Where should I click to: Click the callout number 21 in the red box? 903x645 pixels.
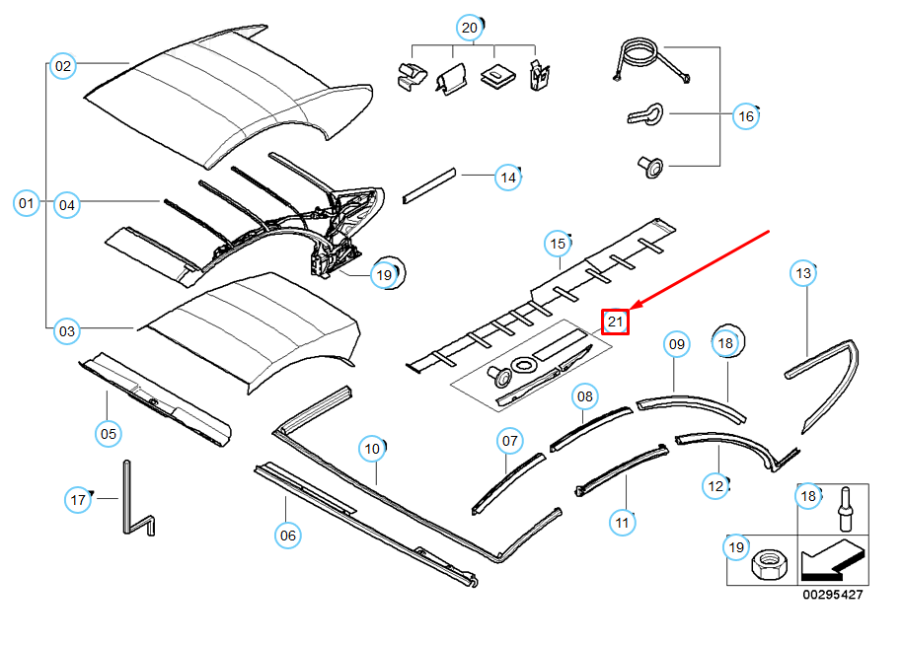click(616, 321)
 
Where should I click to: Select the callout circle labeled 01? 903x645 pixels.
click(27, 204)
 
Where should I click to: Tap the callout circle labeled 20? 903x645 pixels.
click(470, 28)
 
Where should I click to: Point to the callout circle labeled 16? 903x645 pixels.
click(746, 116)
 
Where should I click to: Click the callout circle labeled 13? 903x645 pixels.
click(804, 272)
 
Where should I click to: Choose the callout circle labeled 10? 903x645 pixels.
click(371, 449)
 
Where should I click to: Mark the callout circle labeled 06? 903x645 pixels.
click(287, 535)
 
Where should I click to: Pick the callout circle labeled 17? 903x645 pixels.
click(79, 500)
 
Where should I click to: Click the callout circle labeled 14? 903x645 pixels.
click(507, 178)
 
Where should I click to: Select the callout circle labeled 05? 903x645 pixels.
click(108, 432)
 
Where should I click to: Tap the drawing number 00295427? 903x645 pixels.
click(832, 595)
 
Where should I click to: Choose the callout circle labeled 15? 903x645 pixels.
click(558, 244)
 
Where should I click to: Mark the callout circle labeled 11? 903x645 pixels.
click(623, 522)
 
